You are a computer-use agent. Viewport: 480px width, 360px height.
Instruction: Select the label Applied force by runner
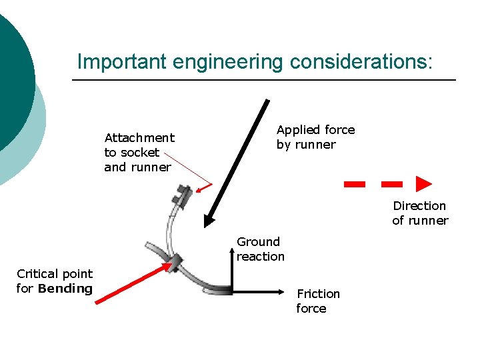click(x=315, y=137)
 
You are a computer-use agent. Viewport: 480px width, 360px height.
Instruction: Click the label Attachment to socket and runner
click(x=139, y=152)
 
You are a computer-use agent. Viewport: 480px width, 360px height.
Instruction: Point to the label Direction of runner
click(x=420, y=213)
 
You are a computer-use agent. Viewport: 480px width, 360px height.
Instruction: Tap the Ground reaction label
click(x=260, y=249)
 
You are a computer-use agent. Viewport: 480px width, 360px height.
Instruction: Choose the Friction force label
click(x=317, y=301)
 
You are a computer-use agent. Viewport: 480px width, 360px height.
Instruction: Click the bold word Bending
click(x=65, y=289)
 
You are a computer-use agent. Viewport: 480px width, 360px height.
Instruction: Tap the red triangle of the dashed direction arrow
click(x=423, y=184)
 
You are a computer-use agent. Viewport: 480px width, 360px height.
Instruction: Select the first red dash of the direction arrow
click(x=354, y=184)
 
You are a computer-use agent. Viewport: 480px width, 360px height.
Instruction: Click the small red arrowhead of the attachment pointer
click(x=209, y=186)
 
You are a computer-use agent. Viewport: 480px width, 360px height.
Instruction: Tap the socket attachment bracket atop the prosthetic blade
click(x=181, y=195)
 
